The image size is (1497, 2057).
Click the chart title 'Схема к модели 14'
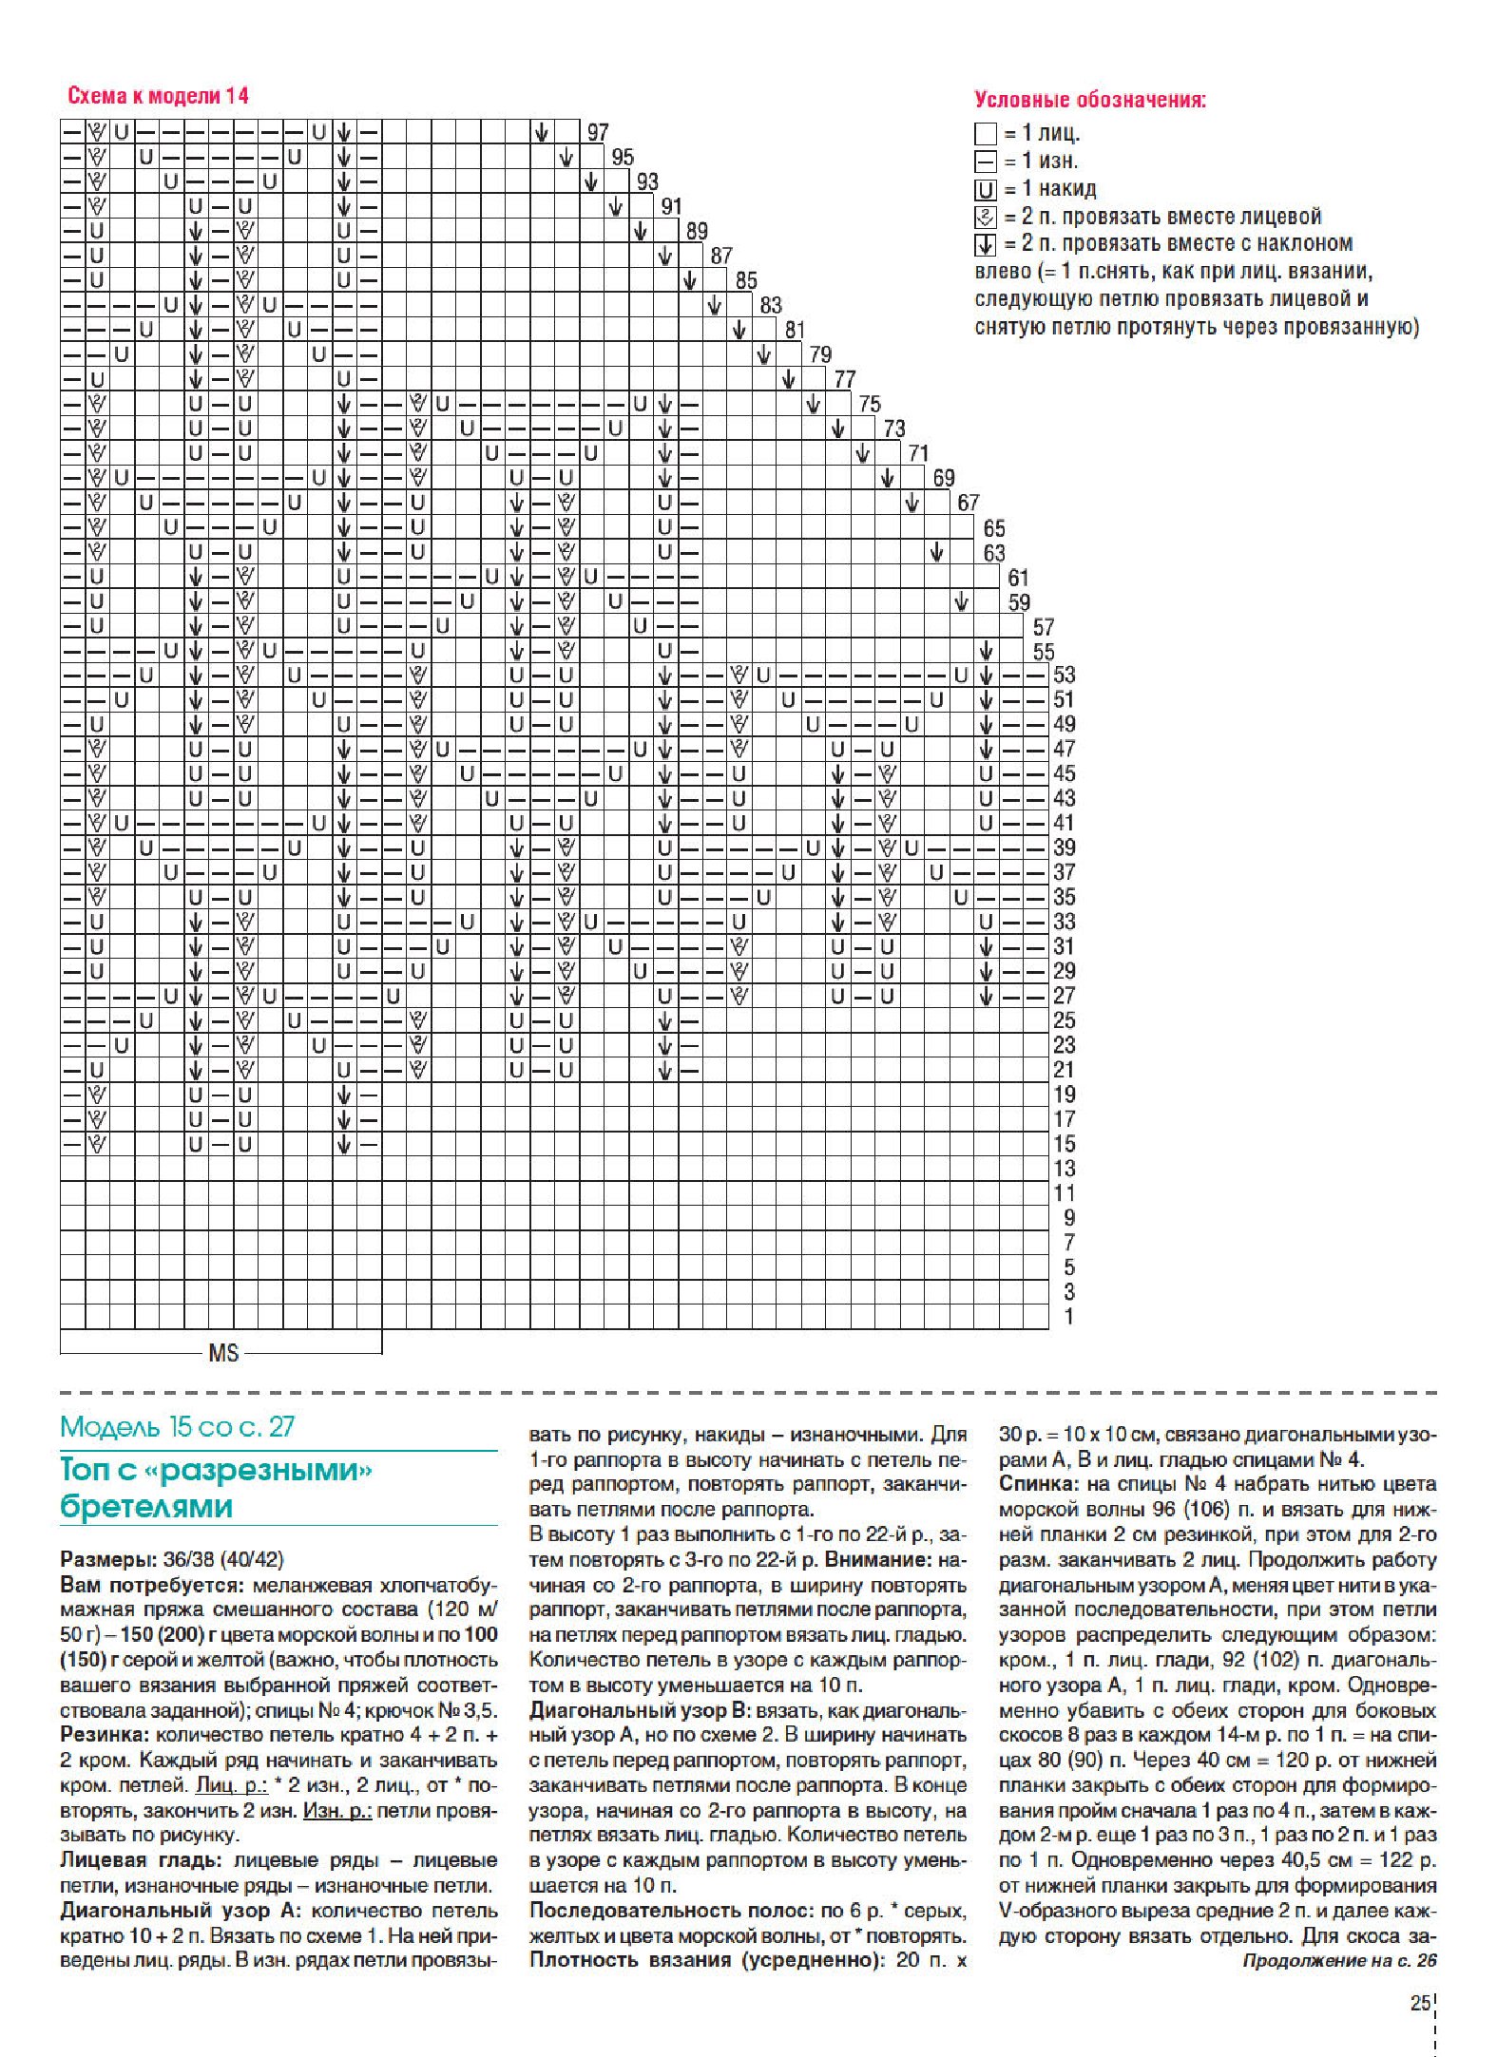coord(158,96)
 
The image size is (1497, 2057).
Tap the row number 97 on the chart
coord(598,133)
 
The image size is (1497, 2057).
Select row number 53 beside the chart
coord(1064,676)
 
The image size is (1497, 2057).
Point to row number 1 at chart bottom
coord(1068,1317)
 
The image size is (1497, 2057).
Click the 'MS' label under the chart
coord(223,1353)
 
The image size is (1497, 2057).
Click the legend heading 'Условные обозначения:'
coord(1090,100)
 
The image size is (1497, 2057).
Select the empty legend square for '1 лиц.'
coord(986,134)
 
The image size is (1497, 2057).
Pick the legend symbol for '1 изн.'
coord(986,162)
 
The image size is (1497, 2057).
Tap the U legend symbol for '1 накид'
coord(986,189)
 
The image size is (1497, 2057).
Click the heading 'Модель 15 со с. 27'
coord(178,1426)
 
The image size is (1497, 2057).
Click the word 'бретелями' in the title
coord(146,1507)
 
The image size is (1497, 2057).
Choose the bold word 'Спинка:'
coord(1035,1484)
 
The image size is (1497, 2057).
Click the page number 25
coord(1420,2003)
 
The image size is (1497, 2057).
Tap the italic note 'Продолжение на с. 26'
coord(1339,1960)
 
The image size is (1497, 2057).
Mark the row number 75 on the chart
coord(869,405)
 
